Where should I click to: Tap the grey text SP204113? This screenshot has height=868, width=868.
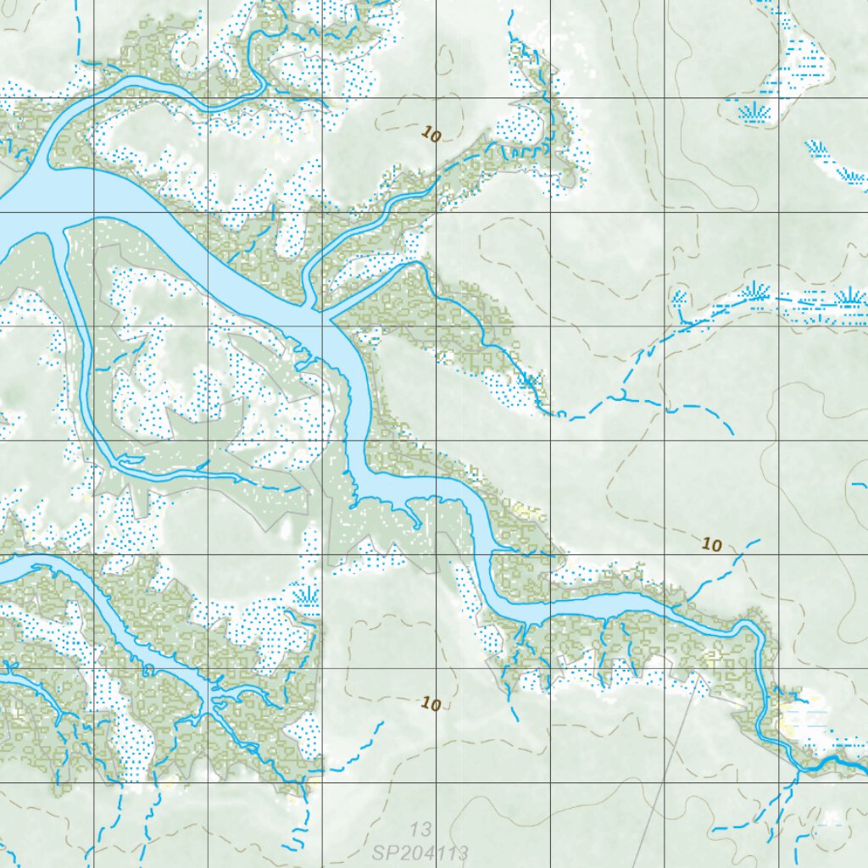click(408, 850)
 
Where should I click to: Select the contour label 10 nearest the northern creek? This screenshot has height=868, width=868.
click(431, 135)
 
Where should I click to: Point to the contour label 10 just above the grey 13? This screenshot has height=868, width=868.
click(431, 704)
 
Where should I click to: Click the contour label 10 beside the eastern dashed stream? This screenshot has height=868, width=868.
click(712, 544)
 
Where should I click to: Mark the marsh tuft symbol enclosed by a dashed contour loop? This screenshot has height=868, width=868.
click(751, 111)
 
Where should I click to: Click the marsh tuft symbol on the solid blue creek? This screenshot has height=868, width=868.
click(529, 381)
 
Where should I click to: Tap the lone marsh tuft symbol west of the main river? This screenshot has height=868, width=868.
click(304, 594)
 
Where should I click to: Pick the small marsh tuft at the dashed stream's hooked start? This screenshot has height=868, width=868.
click(679, 298)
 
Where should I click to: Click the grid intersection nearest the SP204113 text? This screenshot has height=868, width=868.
click(437, 782)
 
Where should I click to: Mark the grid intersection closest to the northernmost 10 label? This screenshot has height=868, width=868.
click(437, 98)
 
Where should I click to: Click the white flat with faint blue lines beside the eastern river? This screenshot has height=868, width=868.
click(801, 721)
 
